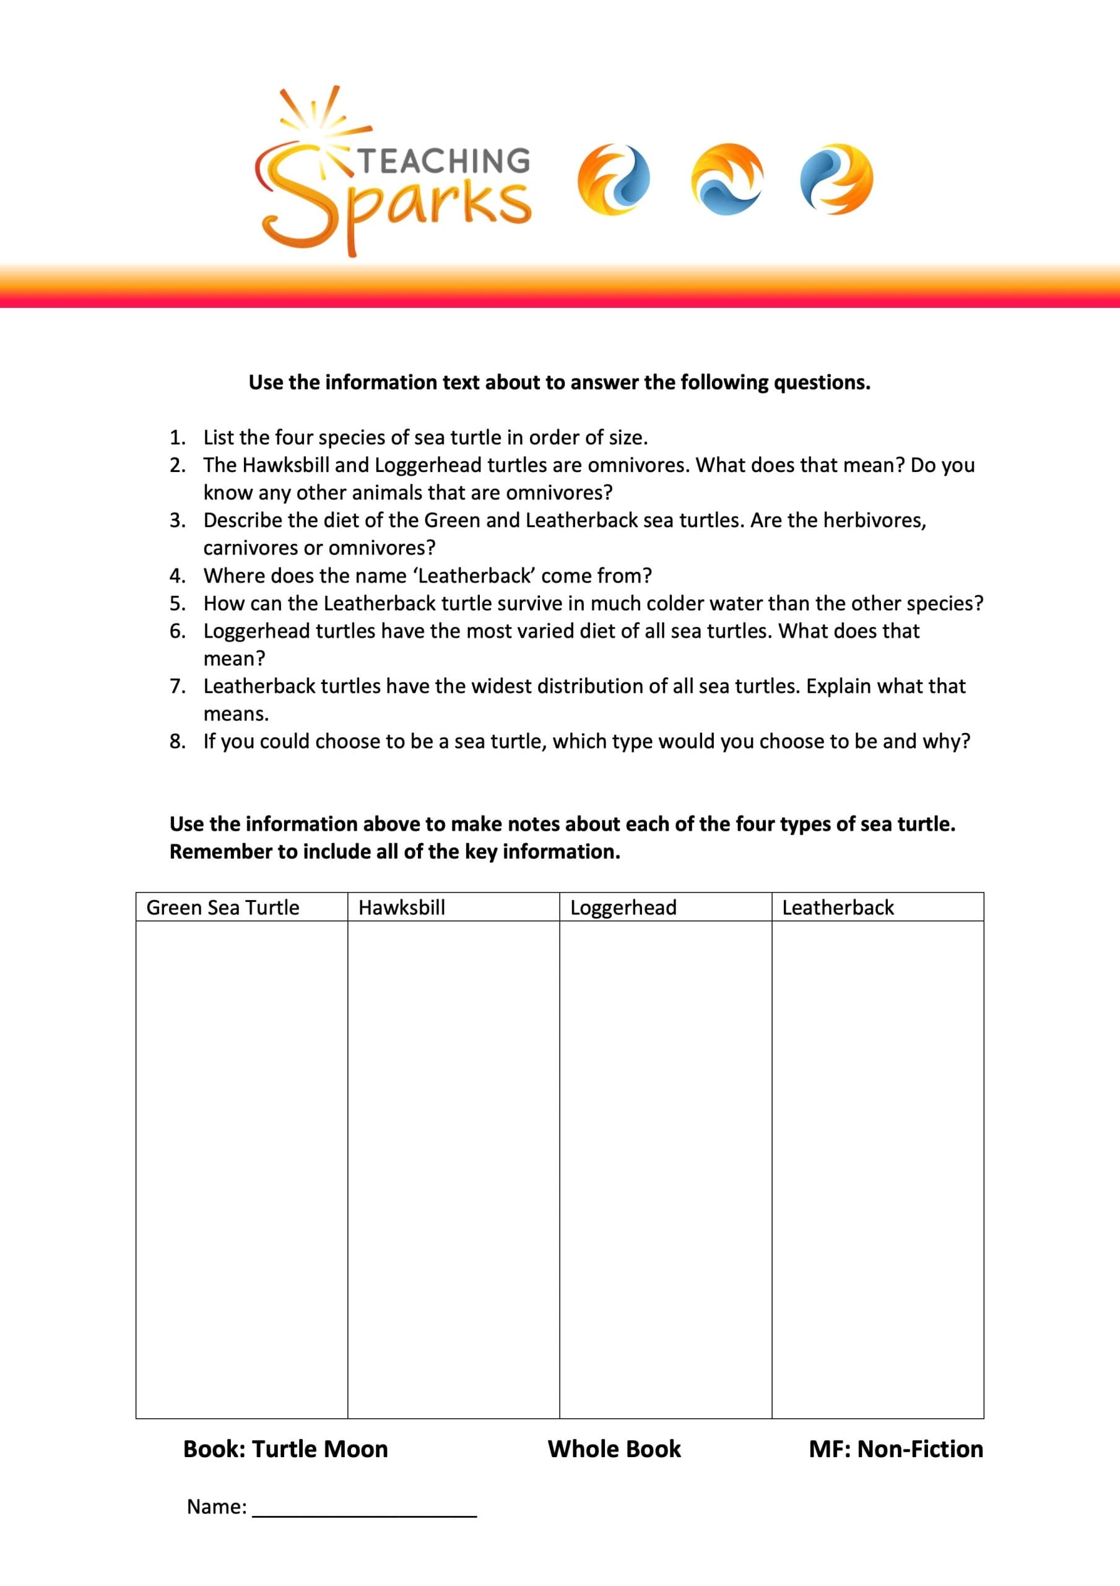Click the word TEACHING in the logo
pos(444,161)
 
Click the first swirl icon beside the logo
pos(613,180)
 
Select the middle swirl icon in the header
pos(727,180)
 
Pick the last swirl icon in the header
pos(836,180)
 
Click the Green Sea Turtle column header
pos(223,907)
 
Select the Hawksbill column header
pos(402,907)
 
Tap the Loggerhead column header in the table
pos(623,907)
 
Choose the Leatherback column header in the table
pos(838,907)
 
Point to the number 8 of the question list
pos(177,741)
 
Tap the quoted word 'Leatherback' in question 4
pos(474,576)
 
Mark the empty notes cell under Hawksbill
pos(453,1167)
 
